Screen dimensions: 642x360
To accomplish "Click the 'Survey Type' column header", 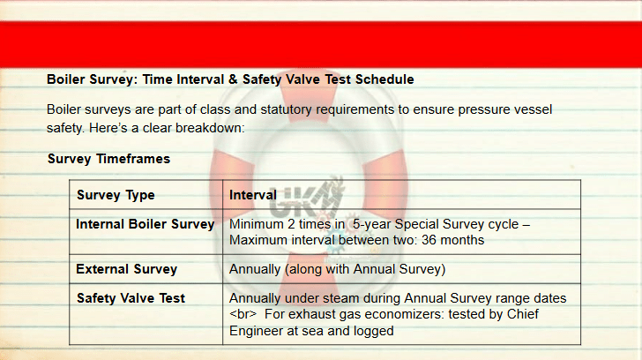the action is click(116, 195).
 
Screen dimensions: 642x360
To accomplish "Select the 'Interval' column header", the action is click(253, 195).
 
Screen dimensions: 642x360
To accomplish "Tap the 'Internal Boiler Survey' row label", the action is click(146, 224).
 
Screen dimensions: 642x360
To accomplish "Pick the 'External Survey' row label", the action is click(126, 269).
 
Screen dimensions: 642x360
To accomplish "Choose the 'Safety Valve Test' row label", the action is click(131, 298).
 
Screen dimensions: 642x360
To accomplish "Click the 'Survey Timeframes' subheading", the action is click(109, 159).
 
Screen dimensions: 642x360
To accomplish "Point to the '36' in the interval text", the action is click(429, 240).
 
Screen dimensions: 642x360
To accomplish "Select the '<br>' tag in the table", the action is click(243, 314).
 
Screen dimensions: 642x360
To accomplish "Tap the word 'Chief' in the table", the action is click(523, 314).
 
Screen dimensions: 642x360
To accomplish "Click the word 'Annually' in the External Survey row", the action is click(254, 269).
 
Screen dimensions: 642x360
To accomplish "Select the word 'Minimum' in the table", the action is click(257, 224).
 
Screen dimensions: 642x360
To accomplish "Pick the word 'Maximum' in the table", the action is click(258, 240).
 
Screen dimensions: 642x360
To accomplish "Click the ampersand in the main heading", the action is click(233, 79).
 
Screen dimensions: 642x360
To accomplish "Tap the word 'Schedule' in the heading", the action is click(384, 79).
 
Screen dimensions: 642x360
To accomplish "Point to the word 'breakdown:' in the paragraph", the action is click(210, 128).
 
